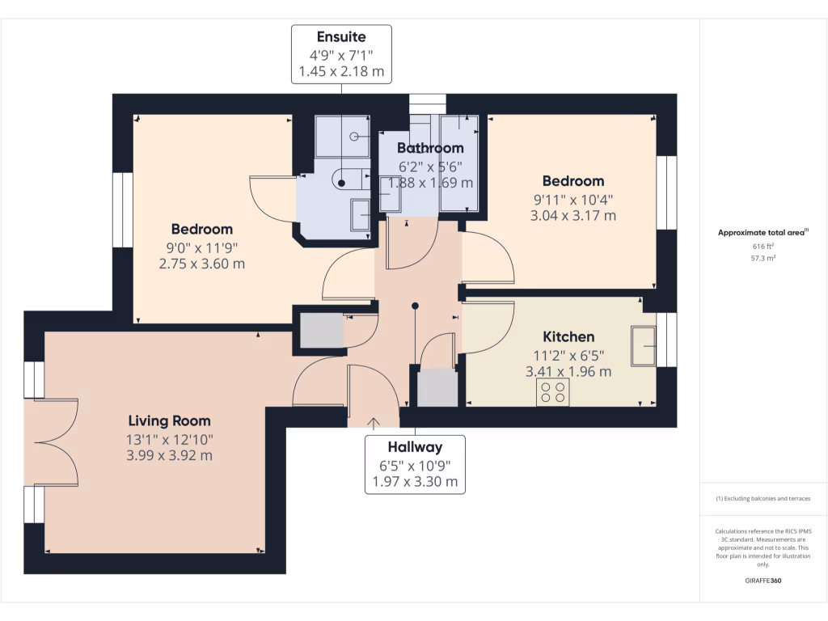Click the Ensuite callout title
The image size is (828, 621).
tap(340, 37)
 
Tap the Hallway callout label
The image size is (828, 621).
tap(414, 447)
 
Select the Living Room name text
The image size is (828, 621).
tap(169, 421)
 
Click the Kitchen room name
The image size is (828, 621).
tap(568, 337)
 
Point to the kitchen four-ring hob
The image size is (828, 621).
tap(552, 392)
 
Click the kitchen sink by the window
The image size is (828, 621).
tap(644, 345)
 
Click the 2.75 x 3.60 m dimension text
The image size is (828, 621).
tap(201, 264)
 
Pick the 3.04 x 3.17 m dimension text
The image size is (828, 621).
tap(572, 216)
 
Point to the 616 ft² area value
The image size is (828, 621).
tap(763, 246)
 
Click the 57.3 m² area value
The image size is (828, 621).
tap(763, 258)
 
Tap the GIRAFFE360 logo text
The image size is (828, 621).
tap(763, 581)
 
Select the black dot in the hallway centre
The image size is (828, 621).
tap(415, 306)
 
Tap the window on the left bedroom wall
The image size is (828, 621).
tap(122, 210)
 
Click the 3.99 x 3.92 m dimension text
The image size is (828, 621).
tap(169, 456)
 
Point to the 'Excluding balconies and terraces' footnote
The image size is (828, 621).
tap(763, 498)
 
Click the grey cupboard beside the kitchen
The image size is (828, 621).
tap(437, 387)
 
